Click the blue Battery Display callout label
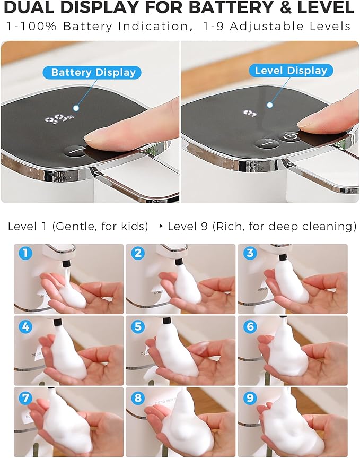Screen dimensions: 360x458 (x=92, y=72)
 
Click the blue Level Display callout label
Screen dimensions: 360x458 (x=291, y=71)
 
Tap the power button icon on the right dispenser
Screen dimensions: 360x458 (x=290, y=137)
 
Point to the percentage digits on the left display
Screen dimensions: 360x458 (x=59, y=119)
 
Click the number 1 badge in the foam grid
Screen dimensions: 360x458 (x=25, y=253)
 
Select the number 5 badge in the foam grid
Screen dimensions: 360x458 (x=138, y=326)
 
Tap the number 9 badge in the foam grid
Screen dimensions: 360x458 (x=250, y=398)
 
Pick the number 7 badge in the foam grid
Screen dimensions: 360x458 (x=25, y=398)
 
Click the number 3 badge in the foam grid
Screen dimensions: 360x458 (x=250, y=253)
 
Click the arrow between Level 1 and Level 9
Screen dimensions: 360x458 (x=157, y=227)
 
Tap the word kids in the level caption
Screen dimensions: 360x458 (x=136, y=227)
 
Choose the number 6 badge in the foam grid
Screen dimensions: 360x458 (x=250, y=326)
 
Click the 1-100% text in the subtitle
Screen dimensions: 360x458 (x=31, y=27)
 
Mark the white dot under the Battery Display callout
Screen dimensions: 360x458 (x=76, y=108)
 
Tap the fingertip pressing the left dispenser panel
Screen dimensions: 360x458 (x=93, y=137)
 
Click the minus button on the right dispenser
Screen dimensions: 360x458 (x=267, y=143)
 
